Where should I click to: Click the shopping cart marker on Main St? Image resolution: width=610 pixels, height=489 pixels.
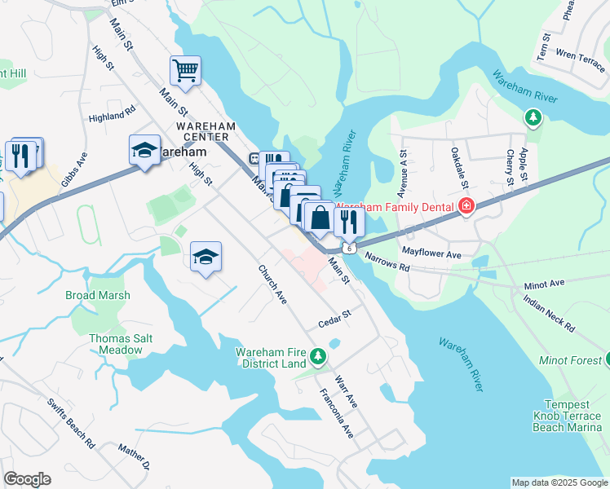pyautogui.click(x=186, y=71)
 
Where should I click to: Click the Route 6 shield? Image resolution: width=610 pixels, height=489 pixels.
pyautogui.click(x=349, y=247)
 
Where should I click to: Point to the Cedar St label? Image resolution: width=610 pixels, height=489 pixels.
pyautogui.click(x=334, y=319)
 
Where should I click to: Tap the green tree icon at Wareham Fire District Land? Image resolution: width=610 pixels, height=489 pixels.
pyautogui.click(x=319, y=356)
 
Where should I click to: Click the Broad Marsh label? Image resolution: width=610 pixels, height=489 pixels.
pyautogui.click(x=98, y=295)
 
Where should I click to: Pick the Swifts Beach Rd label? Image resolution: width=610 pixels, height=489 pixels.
pyautogui.click(x=71, y=423)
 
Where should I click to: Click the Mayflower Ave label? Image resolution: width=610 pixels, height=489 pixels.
pyautogui.click(x=431, y=255)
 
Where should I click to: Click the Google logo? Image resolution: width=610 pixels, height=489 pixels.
pyautogui.click(x=28, y=479)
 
